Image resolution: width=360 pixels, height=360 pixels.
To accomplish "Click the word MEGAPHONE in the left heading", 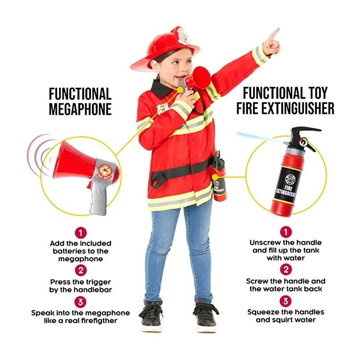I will pos(80,109).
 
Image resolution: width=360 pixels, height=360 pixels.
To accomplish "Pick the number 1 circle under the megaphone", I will pos(80,233).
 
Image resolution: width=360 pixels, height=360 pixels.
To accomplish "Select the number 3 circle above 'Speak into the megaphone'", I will pos(80,302).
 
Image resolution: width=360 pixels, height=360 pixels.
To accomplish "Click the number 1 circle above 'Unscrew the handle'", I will pos(285,232).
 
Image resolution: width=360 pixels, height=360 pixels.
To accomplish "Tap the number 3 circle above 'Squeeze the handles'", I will pos(285,301).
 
